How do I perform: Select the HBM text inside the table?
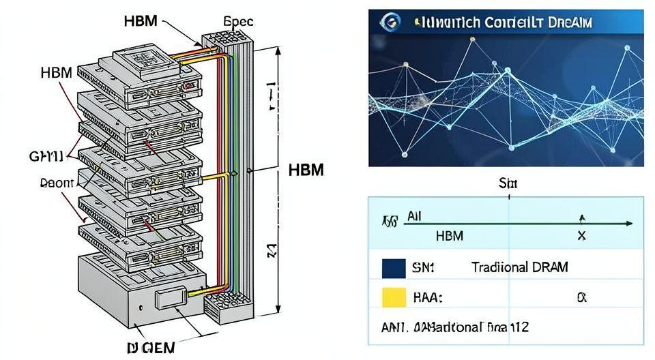tap(449, 236)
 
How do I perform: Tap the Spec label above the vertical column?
tap(239, 21)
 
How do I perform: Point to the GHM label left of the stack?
tap(45, 156)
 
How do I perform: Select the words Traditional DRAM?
tap(519, 267)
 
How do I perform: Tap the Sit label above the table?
tap(509, 183)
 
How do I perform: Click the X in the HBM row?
tap(581, 236)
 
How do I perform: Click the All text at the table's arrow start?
tap(415, 217)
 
